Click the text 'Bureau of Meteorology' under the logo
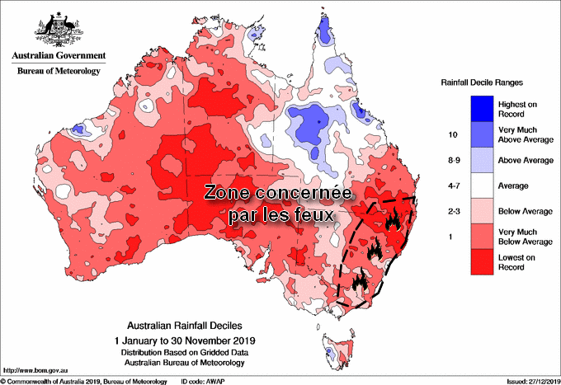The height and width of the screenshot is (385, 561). tap(58, 71)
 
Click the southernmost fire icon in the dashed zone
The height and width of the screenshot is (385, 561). tap(361, 281)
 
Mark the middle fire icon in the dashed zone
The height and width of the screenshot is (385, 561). tap(376, 249)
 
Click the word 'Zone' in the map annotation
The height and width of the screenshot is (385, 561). tap(229, 194)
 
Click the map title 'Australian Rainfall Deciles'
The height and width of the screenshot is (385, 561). tap(186, 326)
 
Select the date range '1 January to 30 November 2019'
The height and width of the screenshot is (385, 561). tap(186, 339)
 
